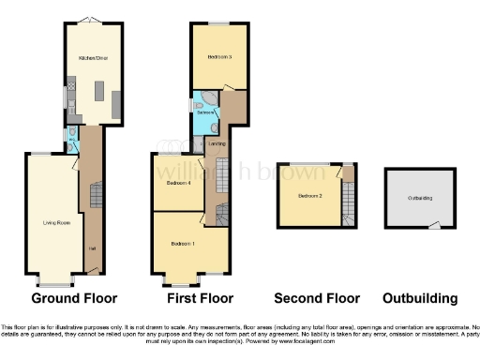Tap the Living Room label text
pos(56,222)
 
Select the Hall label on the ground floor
pos(91,247)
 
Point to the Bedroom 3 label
pos(219,56)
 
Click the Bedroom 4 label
pos(179,183)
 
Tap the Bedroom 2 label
pos(310,196)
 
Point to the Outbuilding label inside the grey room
pos(420,198)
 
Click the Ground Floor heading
pos(74,299)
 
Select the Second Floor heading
pos(316,299)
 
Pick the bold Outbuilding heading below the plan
pos(420,299)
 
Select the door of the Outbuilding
pos(435,224)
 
